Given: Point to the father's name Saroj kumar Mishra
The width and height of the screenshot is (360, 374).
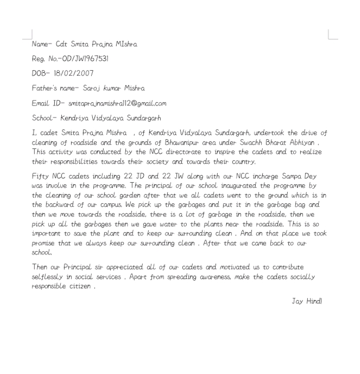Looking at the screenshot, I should pyautogui.click(x=111, y=88).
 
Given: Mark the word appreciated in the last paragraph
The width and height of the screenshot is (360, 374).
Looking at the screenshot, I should pyautogui.click(x=112, y=267).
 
